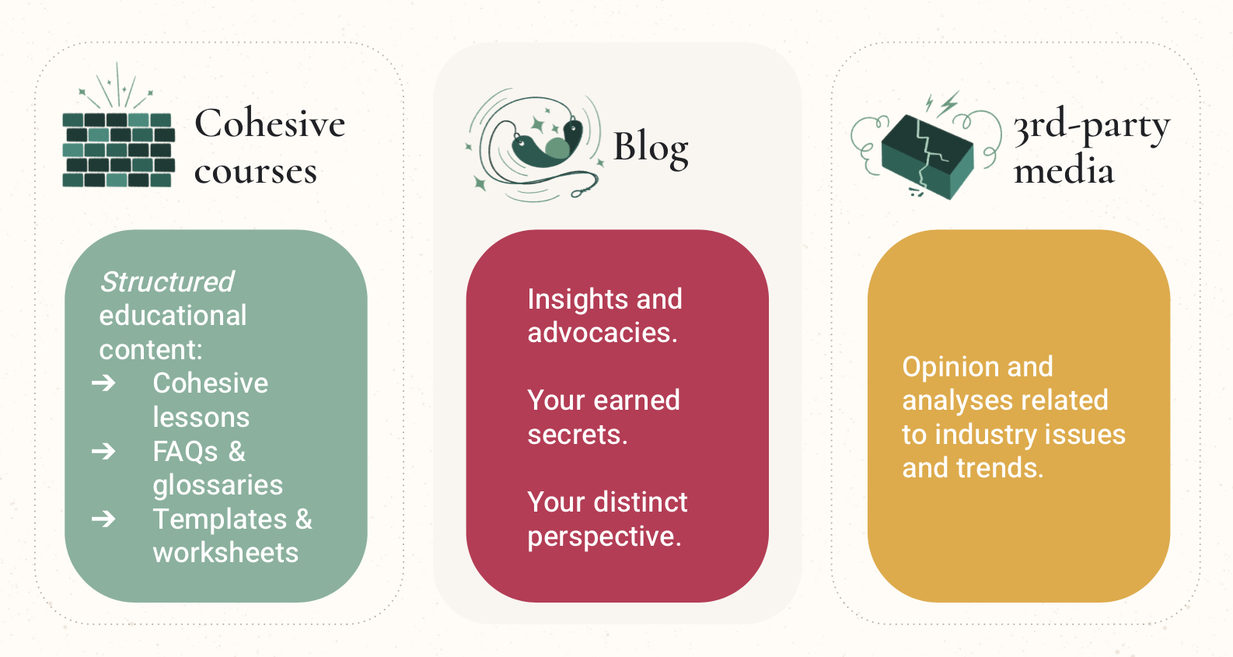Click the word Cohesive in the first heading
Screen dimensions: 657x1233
[x=270, y=124]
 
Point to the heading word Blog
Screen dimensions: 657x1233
[x=651, y=147]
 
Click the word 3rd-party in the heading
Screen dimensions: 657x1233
[x=1091, y=125]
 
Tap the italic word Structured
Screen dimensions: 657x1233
[x=166, y=281]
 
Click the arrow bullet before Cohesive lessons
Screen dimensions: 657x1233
[x=103, y=383]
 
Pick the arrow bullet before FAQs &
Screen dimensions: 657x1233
[x=103, y=451]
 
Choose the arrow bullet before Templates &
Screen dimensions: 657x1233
[x=103, y=519]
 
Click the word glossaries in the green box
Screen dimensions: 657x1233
[x=218, y=485]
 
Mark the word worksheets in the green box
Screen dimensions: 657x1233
[x=225, y=553]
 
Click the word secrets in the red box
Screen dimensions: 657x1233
[x=576, y=435]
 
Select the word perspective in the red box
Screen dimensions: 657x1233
[x=603, y=536]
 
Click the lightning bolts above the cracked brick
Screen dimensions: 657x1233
[x=941, y=103]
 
